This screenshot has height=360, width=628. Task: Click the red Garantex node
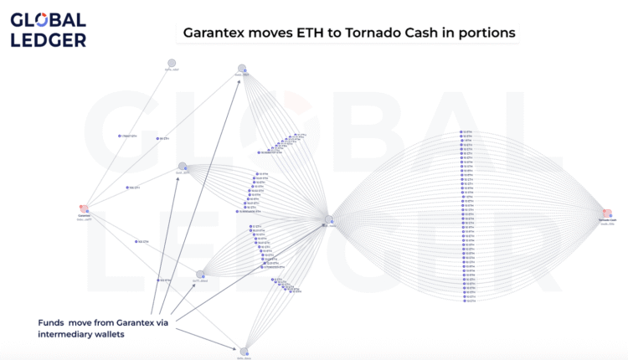[x=84, y=208]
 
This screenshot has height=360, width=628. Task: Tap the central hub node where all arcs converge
[x=329, y=219]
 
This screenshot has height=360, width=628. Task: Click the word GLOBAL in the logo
[x=48, y=19]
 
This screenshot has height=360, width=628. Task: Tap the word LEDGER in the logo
[x=48, y=39]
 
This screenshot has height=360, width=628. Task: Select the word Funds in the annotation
[x=53, y=322]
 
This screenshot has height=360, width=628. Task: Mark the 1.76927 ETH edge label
[x=128, y=136]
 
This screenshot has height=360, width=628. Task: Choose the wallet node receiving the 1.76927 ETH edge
[x=172, y=63]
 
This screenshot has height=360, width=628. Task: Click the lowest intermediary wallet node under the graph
[x=244, y=352]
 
